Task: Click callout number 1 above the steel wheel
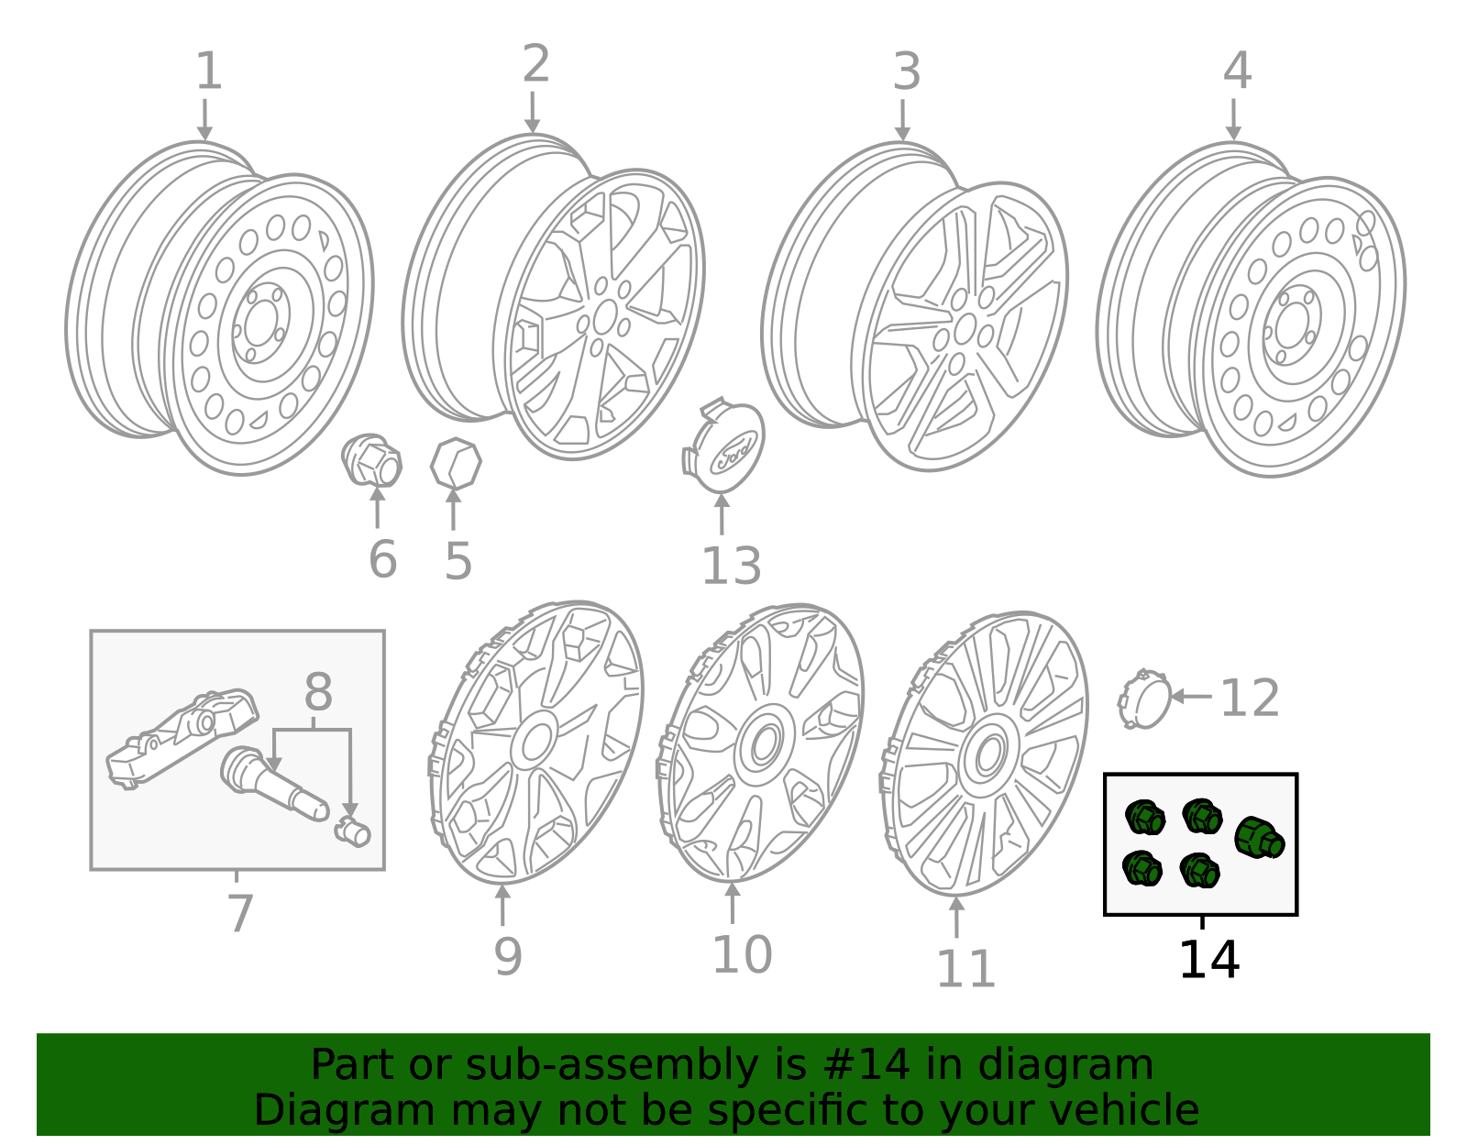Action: pyautogui.click(x=209, y=71)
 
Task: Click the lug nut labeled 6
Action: pyautogui.click(x=371, y=460)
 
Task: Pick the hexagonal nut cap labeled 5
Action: pyautogui.click(x=456, y=464)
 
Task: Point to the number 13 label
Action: pyautogui.click(x=731, y=566)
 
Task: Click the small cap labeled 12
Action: pyautogui.click(x=1144, y=699)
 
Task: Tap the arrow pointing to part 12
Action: pyautogui.click(x=1190, y=697)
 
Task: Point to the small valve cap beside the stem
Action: pyautogui.click(x=353, y=831)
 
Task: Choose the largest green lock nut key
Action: pyautogui.click(x=1259, y=837)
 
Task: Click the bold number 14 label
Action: pyautogui.click(x=1208, y=960)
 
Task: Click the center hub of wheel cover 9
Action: pyautogui.click(x=535, y=741)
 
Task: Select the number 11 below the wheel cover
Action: pyautogui.click(x=965, y=969)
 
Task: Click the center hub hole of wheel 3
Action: pyautogui.click(x=964, y=328)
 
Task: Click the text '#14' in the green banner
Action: pyautogui.click(x=866, y=1065)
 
